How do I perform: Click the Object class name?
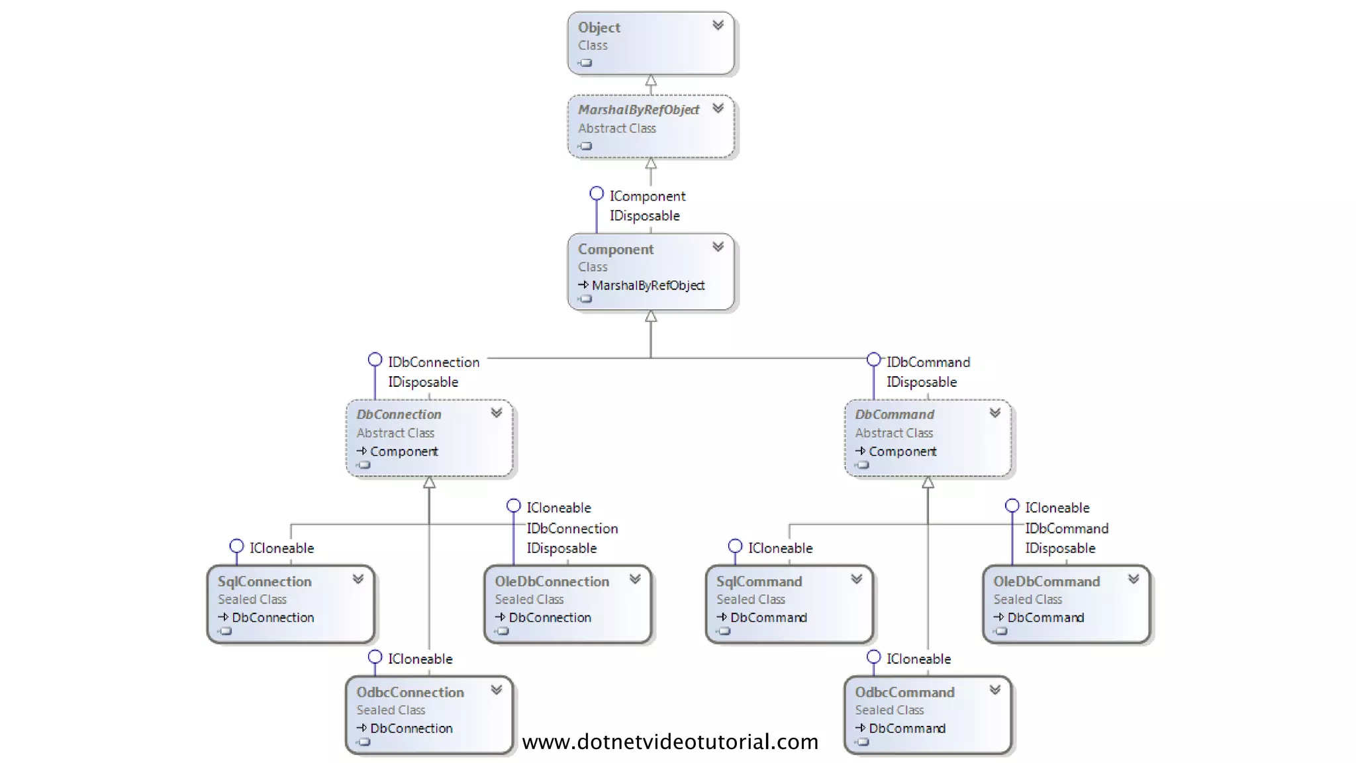599,28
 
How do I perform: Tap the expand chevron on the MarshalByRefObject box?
718,109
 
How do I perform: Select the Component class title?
615,250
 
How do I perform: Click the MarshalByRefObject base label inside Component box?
648,285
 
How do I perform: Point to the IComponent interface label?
647,197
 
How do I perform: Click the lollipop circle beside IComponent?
597,193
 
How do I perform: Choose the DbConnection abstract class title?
399,415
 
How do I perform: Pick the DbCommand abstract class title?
894,415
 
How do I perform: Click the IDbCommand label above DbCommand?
928,362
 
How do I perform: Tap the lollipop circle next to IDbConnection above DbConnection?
375,360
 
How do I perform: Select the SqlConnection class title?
264,582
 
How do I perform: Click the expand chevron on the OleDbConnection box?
635,579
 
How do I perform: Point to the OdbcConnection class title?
410,692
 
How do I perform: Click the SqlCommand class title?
759,582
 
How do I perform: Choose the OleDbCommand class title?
1046,582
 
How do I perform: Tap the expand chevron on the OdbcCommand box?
994,690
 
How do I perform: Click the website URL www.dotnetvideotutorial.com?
670,742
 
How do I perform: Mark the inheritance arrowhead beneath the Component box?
651,317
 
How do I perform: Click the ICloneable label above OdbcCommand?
918,659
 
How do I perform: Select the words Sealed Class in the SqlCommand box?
750,599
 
